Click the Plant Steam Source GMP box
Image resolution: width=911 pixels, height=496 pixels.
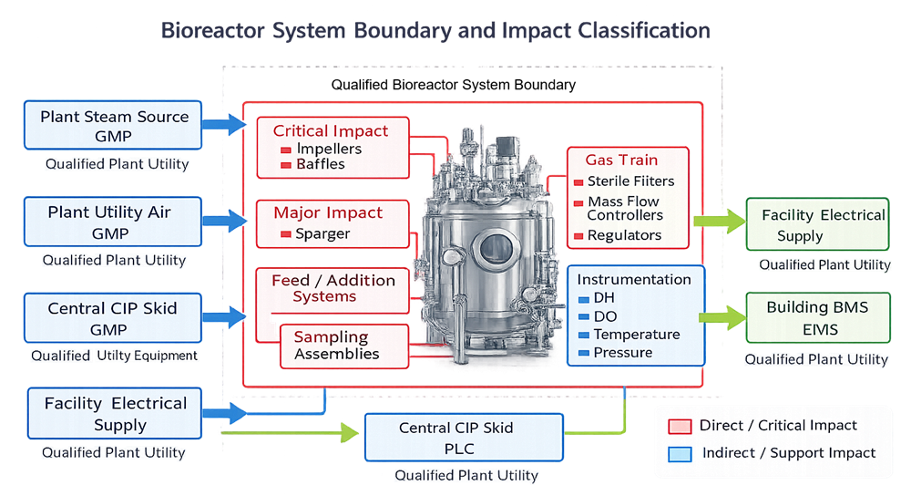point(114,127)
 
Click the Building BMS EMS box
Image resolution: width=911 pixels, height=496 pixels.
point(817,317)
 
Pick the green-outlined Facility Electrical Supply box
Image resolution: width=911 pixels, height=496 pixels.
point(817,225)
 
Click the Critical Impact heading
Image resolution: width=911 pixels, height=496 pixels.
point(330,131)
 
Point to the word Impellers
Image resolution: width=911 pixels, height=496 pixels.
point(329,149)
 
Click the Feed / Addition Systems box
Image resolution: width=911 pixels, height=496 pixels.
point(333,288)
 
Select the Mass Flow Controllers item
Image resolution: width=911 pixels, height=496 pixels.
point(624,208)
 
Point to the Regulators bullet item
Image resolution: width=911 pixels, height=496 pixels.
point(624,235)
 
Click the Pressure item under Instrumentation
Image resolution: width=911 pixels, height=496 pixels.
point(622,352)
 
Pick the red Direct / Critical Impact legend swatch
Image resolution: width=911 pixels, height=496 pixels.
point(678,426)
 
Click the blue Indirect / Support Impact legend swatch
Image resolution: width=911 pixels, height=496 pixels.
point(678,453)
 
